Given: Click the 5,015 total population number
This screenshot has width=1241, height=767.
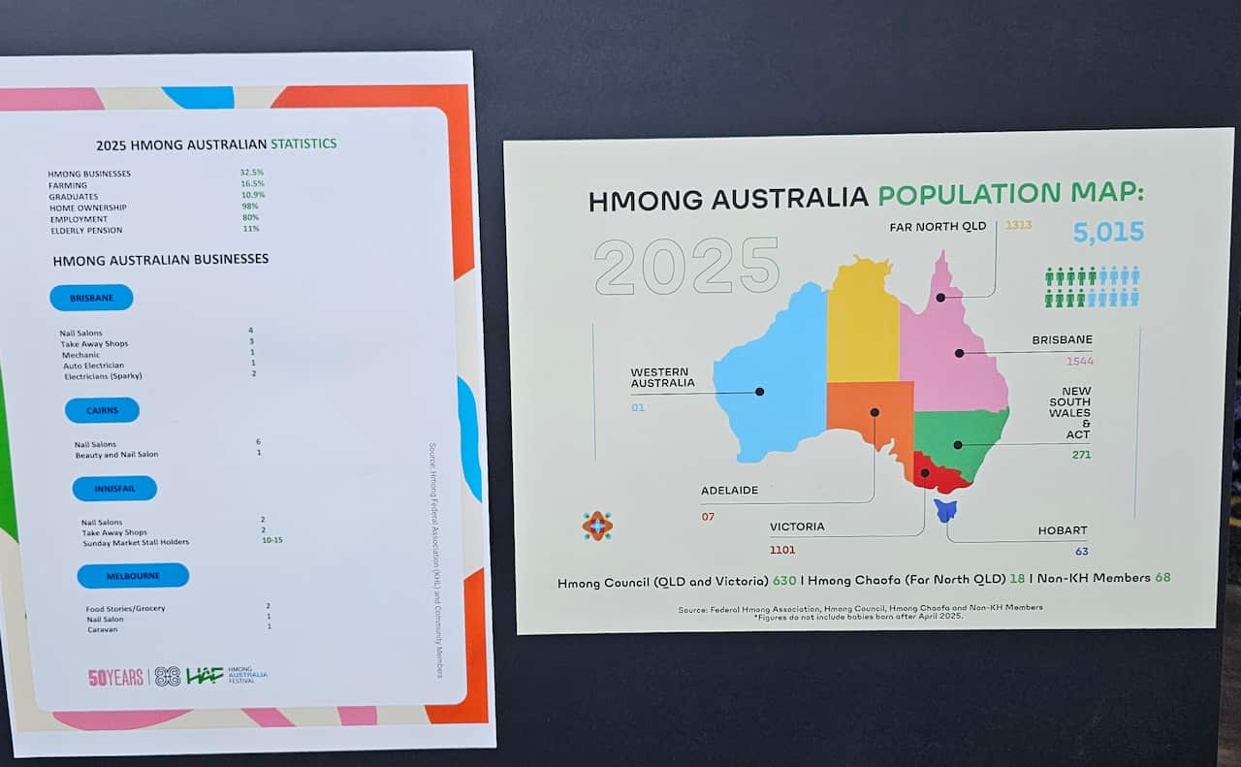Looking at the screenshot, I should click(1108, 233).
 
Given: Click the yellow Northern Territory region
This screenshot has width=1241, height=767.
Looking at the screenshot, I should click(862, 320).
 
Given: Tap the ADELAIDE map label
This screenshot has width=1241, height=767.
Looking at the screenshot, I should click(729, 491).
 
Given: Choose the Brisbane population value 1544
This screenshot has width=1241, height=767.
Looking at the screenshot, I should click(1079, 362).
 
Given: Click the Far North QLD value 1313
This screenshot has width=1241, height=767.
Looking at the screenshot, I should click(1019, 225).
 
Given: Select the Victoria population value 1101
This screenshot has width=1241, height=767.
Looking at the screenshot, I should click(782, 550).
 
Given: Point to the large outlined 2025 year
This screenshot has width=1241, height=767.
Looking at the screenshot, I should click(686, 267).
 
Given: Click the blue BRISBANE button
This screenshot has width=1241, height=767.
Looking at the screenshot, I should click(91, 298).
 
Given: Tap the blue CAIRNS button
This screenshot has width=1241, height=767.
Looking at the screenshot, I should click(102, 410).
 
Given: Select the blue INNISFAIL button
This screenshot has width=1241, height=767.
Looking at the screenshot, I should click(114, 489).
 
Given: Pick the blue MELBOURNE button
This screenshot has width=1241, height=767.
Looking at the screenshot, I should click(133, 576).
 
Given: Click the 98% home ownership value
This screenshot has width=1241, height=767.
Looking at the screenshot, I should click(251, 208).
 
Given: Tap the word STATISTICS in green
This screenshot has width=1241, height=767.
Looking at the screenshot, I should click(303, 144).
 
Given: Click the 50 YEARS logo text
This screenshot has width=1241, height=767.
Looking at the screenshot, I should click(115, 678).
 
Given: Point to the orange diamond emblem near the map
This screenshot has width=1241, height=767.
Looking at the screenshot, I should click(597, 526).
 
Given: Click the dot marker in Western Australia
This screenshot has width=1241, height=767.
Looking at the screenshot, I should click(759, 392).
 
